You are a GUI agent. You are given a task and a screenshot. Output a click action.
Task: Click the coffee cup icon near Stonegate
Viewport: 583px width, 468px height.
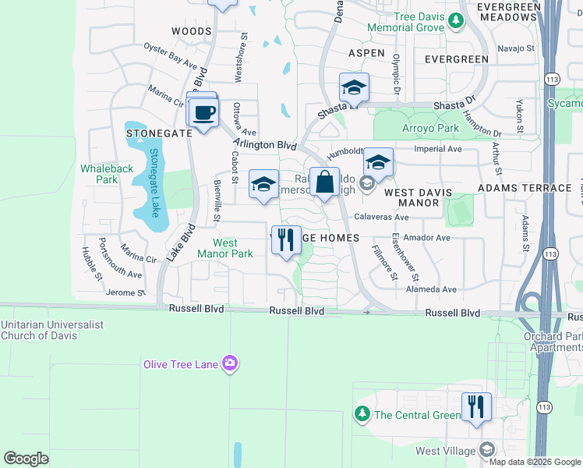(x=204, y=114)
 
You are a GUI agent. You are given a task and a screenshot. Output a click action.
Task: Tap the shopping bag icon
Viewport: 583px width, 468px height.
(x=325, y=183)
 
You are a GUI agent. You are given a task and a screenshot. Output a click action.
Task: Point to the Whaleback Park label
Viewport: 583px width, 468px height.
(x=99, y=174)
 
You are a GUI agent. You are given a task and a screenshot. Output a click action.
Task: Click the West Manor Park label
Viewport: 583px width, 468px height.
(x=225, y=249)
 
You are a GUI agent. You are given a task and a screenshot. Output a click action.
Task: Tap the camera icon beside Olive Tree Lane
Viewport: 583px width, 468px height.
(x=230, y=363)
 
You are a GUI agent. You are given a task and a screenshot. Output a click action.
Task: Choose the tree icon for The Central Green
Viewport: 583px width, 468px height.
(x=362, y=414)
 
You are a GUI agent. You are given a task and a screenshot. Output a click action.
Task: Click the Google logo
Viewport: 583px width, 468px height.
(x=26, y=459)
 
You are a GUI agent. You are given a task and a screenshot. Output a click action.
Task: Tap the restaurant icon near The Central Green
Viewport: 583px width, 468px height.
(x=475, y=407)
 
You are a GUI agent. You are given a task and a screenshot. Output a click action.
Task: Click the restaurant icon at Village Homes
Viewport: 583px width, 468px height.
(x=286, y=240)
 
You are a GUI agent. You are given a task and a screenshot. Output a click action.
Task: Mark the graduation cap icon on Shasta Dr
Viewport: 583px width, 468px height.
(x=354, y=88)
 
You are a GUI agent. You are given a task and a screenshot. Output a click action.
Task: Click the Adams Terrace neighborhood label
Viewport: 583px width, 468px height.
(x=525, y=188)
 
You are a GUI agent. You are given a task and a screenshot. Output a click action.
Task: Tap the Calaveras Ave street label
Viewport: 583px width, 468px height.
(x=381, y=218)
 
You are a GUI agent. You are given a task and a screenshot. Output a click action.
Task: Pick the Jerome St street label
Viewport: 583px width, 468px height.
(x=125, y=292)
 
